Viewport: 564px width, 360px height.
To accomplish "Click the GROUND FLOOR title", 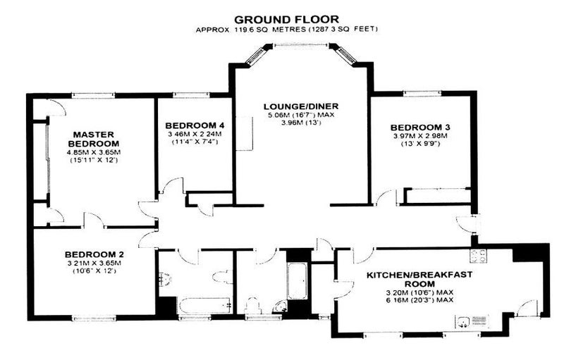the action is pyautogui.click(x=286, y=19).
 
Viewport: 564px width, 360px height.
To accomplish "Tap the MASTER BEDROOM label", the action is pyautogui.click(x=94, y=139).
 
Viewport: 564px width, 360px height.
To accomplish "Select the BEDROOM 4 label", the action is pyautogui.click(x=195, y=125).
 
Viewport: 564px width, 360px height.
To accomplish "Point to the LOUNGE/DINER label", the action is pyautogui.click(x=301, y=106).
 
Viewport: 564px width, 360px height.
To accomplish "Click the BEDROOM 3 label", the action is pyautogui.click(x=420, y=128).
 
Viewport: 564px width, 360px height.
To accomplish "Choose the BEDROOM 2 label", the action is pyautogui.click(x=94, y=254).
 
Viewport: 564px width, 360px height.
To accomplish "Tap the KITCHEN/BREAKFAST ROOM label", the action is pyautogui.click(x=419, y=279).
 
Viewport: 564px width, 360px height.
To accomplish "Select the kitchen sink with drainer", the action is pyautogui.click(x=472, y=321).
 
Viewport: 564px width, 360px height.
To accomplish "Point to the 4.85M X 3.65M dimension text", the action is pyautogui.click(x=94, y=152).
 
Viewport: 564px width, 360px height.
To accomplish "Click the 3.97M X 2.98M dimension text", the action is pyautogui.click(x=420, y=136).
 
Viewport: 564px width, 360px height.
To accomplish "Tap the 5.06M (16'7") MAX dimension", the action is pyautogui.click(x=301, y=115).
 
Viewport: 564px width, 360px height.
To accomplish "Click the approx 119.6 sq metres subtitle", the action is pyautogui.click(x=287, y=30).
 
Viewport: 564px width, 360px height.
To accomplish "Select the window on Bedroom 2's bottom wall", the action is pyautogui.click(x=94, y=318).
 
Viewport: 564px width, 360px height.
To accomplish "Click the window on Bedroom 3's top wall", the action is pyautogui.click(x=422, y=94).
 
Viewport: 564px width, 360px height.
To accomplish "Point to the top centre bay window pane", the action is pyautogui.click(x=301, y=45).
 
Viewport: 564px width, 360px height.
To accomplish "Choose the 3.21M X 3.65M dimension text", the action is pyautogui.click(x=94, y=263).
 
